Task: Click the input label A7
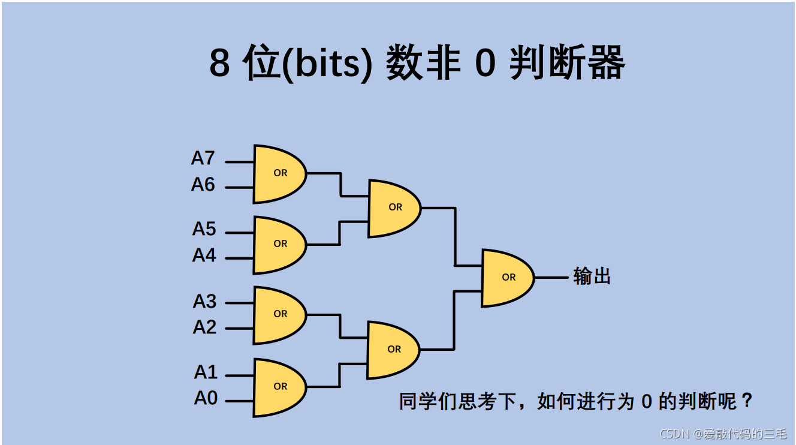pos(203,158)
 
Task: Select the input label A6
pos(203,185)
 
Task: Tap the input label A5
pos(204,229)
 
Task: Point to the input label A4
pos(204,255)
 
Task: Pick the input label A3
pos(204,301)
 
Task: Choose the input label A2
pos(204,327)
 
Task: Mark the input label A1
pos(206,372)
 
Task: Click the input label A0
pos(206,398)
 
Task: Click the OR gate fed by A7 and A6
pos(278,173)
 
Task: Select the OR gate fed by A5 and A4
pos(278,244)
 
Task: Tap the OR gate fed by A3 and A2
pos(278,314)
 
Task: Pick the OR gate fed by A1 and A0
pos(278,387)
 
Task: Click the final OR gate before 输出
pos(506,278)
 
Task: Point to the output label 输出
pos(592,276)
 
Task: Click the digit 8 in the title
pos(219,64)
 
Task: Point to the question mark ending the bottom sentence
pos(746,401)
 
